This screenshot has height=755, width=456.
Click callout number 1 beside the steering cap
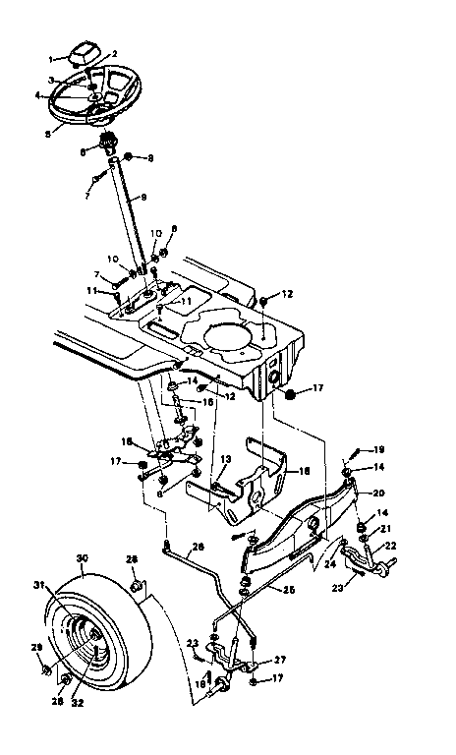point(52,59)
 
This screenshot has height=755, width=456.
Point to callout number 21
point(385,528)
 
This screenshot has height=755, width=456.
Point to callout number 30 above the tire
point(83,557)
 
